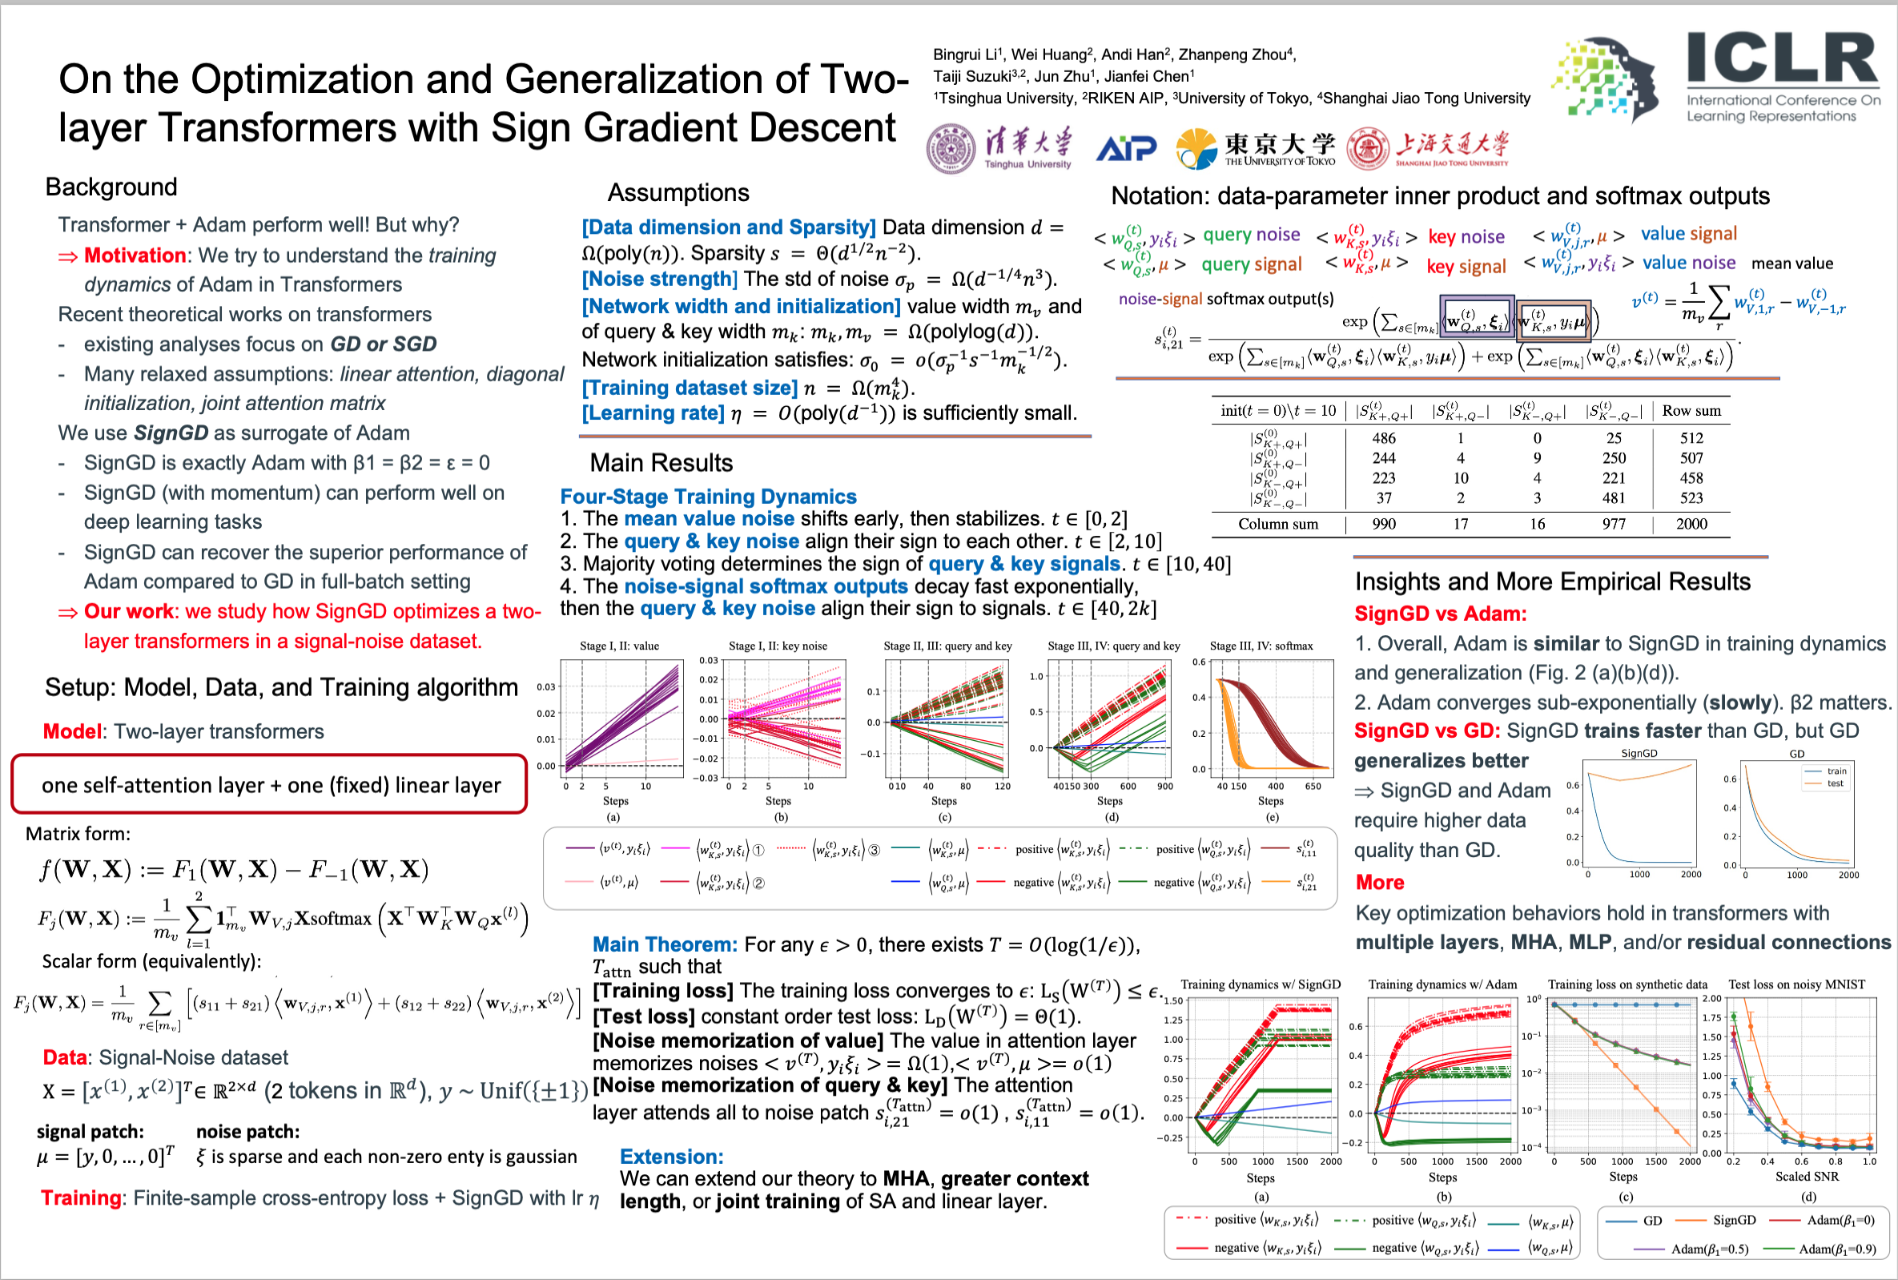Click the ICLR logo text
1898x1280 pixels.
(1782, 58)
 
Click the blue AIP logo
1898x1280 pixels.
(1126, 148)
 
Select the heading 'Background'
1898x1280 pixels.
(111, 187)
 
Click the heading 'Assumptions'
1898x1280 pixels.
(678, 193)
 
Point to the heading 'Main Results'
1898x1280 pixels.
(661, 463)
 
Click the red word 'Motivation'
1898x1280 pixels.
(135, 256)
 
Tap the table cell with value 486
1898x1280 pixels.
(1383, 438)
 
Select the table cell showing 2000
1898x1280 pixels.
(1691, 524)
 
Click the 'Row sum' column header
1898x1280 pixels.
(1691, 411)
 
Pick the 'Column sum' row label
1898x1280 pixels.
(1278, 524)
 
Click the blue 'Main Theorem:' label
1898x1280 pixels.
(664, 944)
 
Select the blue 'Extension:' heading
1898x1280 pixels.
(671, 1157)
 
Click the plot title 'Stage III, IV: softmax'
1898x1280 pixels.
(1261, 646)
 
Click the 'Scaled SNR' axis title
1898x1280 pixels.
(1807, 1177)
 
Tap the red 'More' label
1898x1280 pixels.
(1379, 883)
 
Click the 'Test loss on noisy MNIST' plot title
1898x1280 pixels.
(1796, 984)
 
